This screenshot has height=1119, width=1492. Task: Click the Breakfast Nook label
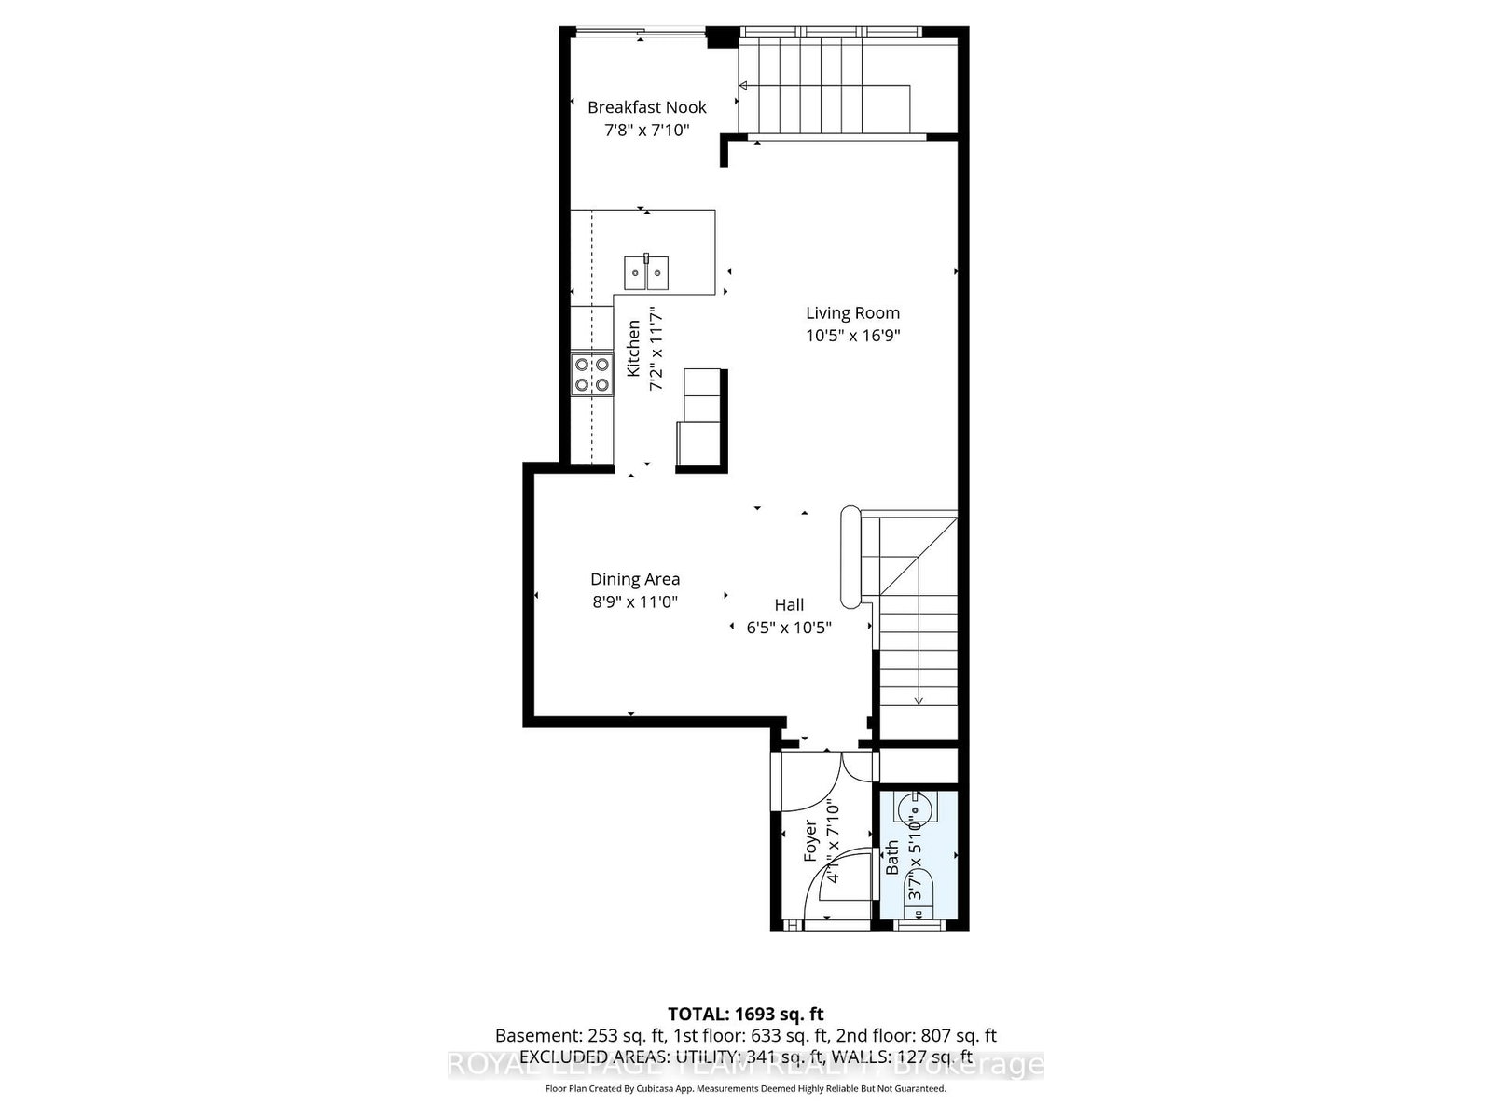click(646, 107)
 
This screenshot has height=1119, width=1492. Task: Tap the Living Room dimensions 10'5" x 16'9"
click(852, 336)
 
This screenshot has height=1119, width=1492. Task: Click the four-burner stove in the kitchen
click(592, 374)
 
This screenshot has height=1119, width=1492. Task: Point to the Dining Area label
click(634, 579)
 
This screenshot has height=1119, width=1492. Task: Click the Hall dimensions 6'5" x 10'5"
click(789, 628)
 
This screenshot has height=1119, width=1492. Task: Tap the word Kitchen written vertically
click(633, 349)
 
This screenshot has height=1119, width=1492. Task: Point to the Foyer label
click(810, 840)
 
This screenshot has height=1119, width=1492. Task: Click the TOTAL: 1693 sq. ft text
click(745, 1014)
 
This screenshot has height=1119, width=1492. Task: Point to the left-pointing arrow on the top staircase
click(743, 87)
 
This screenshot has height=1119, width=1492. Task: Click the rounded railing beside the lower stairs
click(850, 556)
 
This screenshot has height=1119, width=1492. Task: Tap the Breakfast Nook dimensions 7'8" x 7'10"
click(646, 130)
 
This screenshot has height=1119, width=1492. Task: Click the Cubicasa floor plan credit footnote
click(745, 1089)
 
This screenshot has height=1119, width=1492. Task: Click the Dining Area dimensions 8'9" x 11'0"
click(634, 602)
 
